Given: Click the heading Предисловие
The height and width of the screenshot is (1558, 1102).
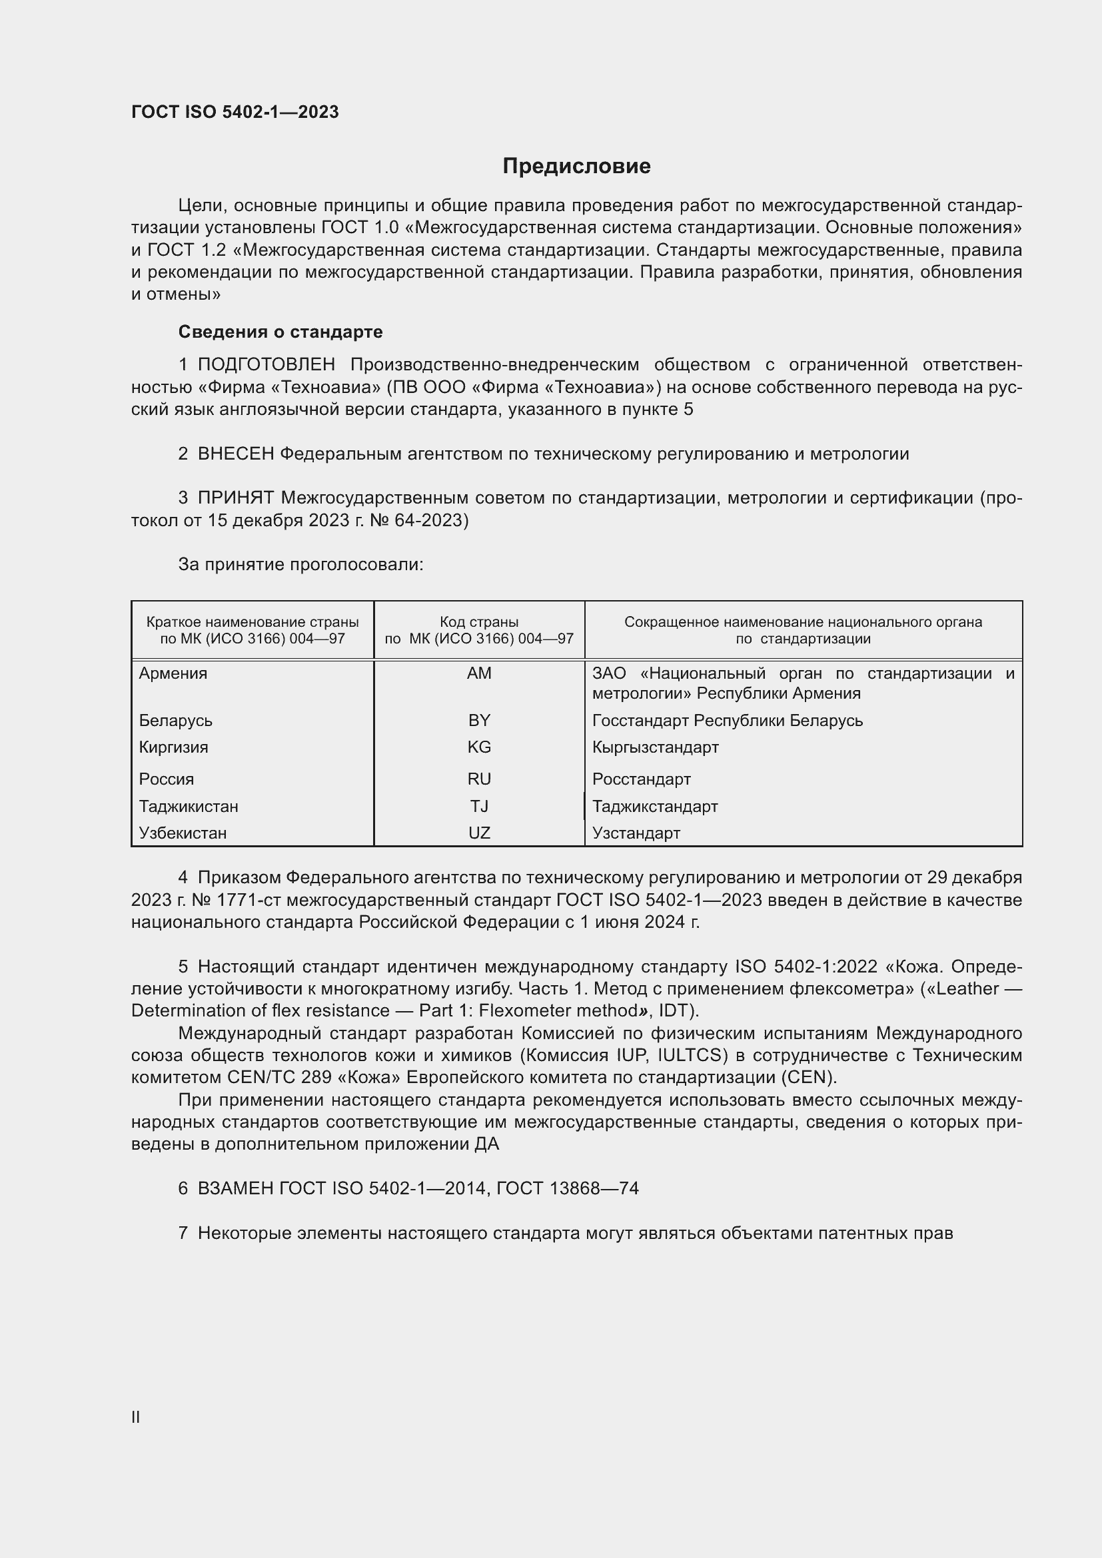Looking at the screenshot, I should coord(576,167).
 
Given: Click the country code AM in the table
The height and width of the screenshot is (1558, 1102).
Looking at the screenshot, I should coord(479,673).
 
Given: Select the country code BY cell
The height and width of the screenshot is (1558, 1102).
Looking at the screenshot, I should coord(479,720).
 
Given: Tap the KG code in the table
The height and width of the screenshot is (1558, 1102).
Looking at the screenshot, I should coord(479,747).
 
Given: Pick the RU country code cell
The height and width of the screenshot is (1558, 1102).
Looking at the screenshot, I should coord(479,779).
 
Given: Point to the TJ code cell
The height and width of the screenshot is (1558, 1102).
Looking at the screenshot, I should coord(479,806).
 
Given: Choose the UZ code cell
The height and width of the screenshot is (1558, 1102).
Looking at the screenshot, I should coord(479,833).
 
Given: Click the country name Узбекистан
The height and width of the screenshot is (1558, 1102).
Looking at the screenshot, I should coord(183,833).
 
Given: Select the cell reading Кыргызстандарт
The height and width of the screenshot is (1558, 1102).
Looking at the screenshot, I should coord(655,747).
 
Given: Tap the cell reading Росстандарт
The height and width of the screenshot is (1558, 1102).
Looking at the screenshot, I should coord(641,779).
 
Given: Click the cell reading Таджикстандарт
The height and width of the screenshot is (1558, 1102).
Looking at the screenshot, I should coord(655,806).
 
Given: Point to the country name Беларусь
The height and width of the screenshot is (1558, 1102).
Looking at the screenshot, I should coord(176,720).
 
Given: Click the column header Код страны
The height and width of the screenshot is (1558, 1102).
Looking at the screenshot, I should coord(479,621).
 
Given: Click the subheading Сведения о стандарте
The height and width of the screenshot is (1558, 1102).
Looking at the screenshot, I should coord(280,332).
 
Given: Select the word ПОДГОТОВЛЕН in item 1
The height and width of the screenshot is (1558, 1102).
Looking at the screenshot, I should coord(266,364).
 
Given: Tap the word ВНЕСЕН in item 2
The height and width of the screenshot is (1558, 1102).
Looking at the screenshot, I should coord(235,454).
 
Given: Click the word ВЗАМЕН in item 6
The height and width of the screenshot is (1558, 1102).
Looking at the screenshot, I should coord(235,1188).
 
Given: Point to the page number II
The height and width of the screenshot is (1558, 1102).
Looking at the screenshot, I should coord(136,1417).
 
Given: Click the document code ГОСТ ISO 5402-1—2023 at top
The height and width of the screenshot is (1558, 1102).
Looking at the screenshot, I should coord(235,112).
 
